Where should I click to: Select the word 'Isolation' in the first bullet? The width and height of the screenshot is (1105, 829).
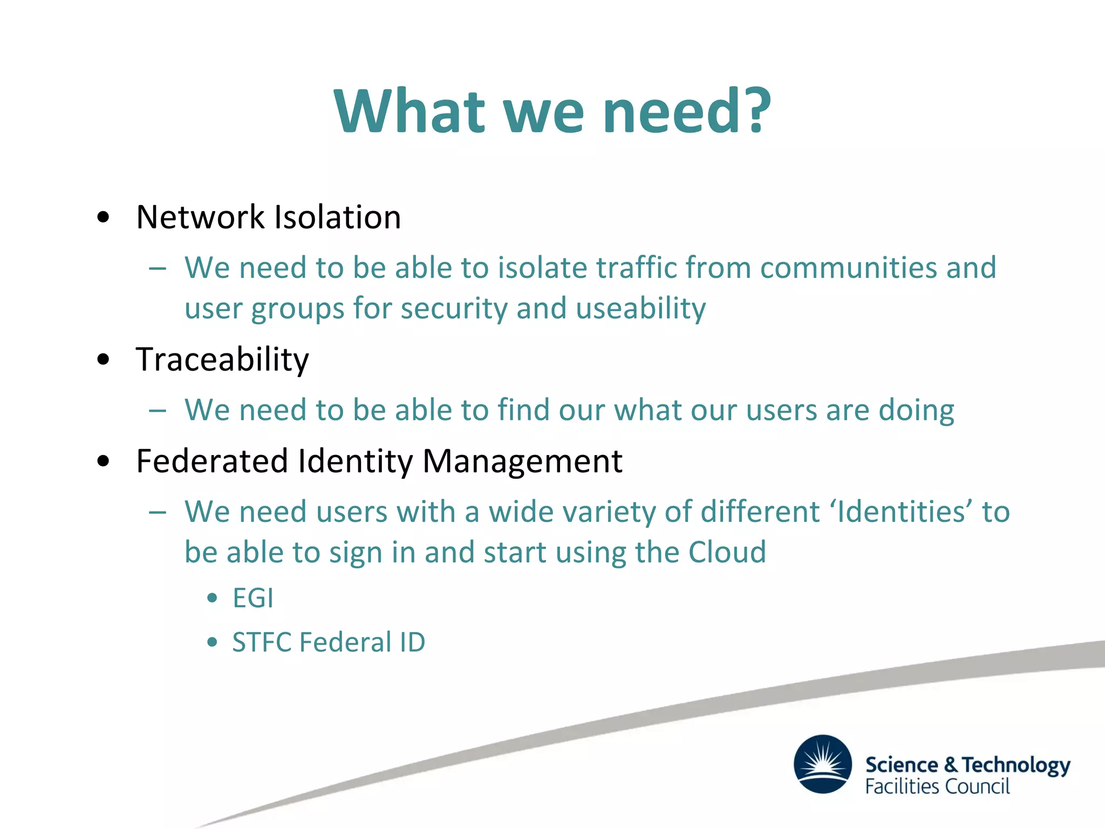point(338,217)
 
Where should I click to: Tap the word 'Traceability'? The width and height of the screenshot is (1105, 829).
point(222,359)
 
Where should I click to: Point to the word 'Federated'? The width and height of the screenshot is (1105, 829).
point(212,461)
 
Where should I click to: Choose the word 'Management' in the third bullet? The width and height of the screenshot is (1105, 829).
point(522,461)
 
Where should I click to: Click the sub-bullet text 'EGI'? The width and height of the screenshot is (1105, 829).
point(253,598)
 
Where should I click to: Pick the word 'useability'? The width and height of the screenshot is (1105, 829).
point(640,309)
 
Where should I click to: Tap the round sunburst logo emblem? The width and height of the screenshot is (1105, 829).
point(823,764)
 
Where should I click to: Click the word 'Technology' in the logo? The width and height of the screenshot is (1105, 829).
point(1017,765)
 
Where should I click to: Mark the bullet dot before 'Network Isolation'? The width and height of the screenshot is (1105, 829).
point(104,218)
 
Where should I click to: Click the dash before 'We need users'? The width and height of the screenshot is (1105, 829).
point(158,512)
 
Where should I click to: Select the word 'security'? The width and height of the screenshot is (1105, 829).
point(453,309)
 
